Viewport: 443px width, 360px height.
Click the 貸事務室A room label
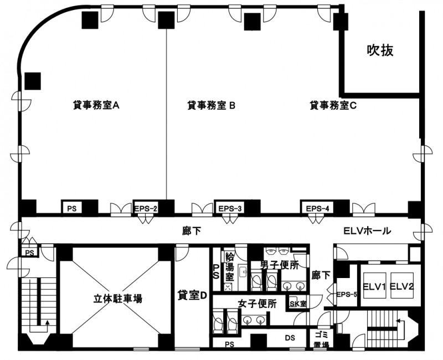[x=96, y=105]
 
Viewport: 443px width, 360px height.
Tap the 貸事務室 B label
[x=212, y=105]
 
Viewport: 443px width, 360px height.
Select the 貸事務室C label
[x=333, y=105]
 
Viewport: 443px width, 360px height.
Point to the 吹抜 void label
[x=380, y=50]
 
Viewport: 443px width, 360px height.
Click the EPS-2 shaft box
[x=146, y=209]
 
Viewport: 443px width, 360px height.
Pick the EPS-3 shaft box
[x=230, y=209]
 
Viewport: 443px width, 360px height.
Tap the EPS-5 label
[x=347, y=295]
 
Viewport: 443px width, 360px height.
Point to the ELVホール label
[x=367, y=231]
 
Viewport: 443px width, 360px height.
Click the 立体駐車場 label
[x=118, y=298]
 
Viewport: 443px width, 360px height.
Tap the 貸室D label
[x=192, y=295]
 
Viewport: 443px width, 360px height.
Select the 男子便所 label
[x=280, y=265]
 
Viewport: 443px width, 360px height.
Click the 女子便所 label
[x=257, y=304]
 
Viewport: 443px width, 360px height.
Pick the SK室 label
[x=298, y=304]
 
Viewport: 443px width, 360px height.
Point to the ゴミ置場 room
[x=322, y=339]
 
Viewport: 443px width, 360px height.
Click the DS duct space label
[x=290, y=338]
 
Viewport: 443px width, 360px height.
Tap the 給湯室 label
[x=230, y=266]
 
